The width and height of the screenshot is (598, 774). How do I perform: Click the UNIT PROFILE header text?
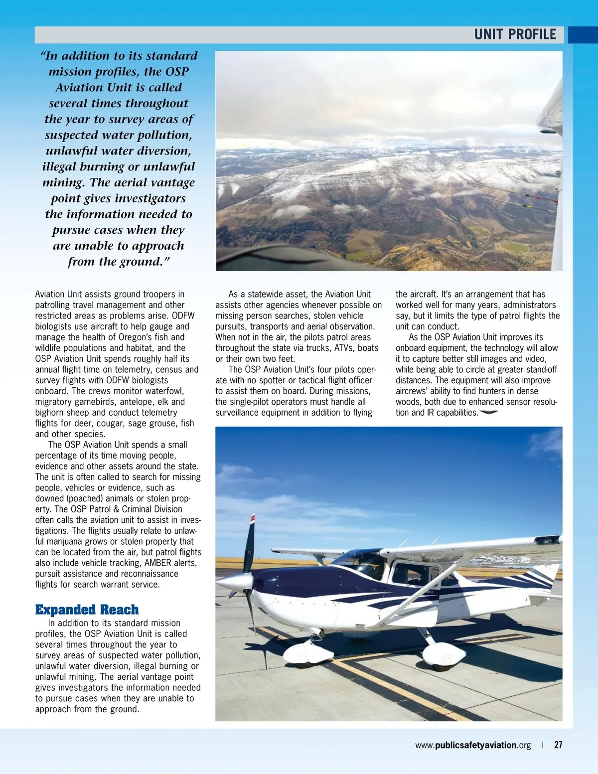(515, 34)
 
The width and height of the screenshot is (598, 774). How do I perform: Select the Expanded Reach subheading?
(87, 610)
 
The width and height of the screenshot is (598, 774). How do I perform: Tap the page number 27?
(558, 745)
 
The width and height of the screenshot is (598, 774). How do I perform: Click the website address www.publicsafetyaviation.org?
(473, 745)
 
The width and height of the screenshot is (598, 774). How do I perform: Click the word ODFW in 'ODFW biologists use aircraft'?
(183, 315)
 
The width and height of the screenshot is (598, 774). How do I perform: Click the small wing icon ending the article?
(489, 412)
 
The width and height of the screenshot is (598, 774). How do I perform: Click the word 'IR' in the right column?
(431, 412)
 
